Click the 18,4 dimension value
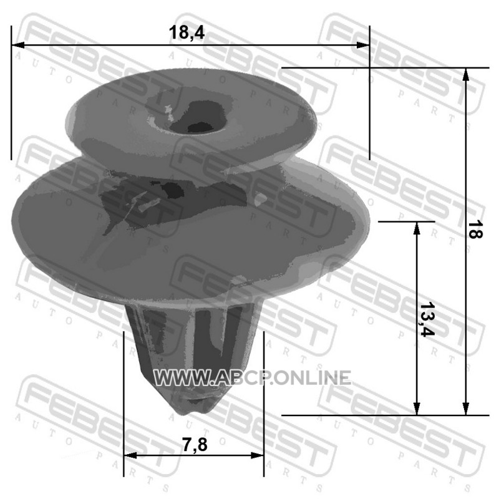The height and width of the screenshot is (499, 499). pyautogui.click(x=187, y=32)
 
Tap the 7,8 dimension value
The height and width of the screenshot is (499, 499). pyautogui.click(x=195, y=444)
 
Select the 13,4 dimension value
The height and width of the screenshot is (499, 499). pyautogui.click(x=427, y=319)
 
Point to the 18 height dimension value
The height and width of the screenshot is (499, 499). pyautogui.click(x=475, y=230)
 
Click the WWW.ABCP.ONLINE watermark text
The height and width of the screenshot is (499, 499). pyautogui.click(x=252, y=378)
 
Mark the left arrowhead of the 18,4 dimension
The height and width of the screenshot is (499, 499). pyautogui.click(x=18, y=45)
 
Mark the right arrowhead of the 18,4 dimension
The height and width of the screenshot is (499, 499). pyautogui.click(x=363, y=45)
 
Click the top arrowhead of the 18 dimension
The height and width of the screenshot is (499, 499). pyautogui.click(x=465, y=74)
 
